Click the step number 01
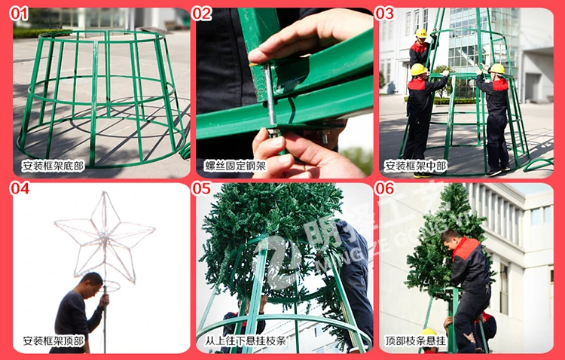tap(19, 14)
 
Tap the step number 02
tap(202, 14)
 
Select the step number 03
tap(384, 14)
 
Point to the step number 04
tap(20, 188)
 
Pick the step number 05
tap(202, 188)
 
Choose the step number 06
tap(384, 188)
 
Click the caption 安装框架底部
tap(53, 166)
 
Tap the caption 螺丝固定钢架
tap(236, 166)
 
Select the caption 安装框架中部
tap(416, 166)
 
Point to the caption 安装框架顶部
tap(53, 341)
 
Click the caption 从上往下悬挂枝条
tap(246, 341)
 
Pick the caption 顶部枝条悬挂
tap(416, 341)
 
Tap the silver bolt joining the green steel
tap(270, 97)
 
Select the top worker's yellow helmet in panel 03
tap(421, 33)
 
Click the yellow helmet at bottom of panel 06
tap(428, 332)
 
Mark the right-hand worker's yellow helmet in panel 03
tap(497, 69)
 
